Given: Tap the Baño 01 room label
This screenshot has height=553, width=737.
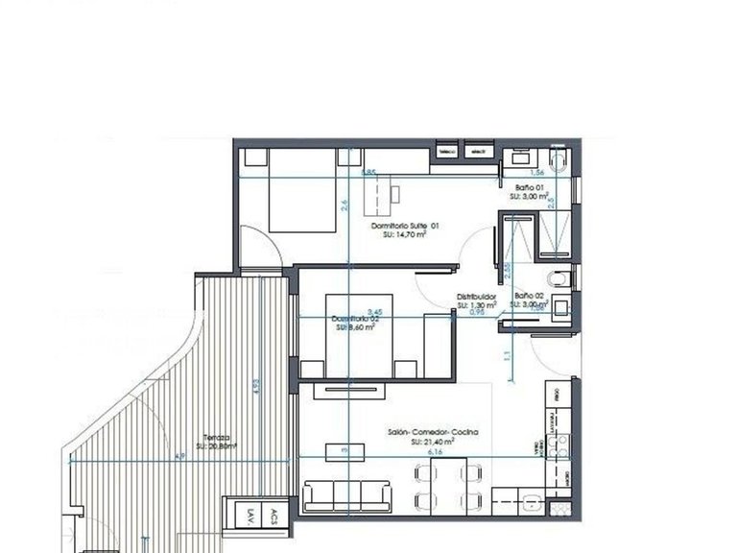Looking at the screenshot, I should pos(529,187).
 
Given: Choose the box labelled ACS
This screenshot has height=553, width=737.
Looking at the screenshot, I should pos(274,515).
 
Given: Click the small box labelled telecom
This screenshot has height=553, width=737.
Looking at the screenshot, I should pos(446,152).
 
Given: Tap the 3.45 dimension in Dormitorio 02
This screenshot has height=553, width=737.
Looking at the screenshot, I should pos(375,312).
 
